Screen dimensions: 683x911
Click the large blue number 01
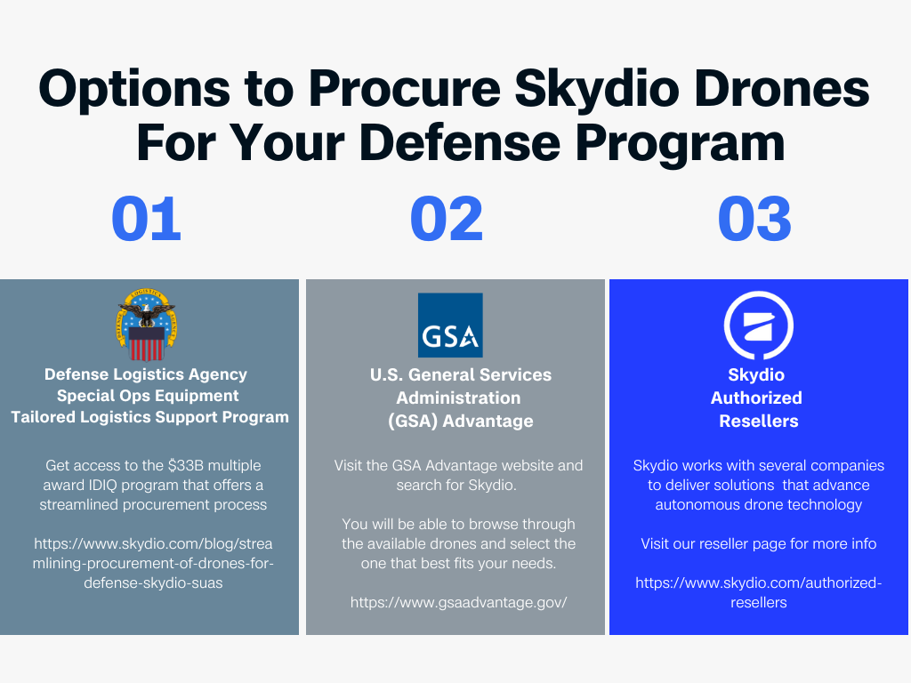coord(147,220)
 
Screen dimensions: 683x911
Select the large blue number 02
coord(447,220)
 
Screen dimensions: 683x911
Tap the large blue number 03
coord(754,220)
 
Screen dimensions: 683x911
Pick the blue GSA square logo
coord(450,325)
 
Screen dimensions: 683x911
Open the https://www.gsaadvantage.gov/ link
coord(458,602)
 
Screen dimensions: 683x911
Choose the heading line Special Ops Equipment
coord(148,396)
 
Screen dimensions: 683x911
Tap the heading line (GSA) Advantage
coord(460,421)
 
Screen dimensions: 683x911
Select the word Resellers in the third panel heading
coord(758,421)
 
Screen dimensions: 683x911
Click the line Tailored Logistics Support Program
coord(149,417)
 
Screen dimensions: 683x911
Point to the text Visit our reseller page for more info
coord(758,543)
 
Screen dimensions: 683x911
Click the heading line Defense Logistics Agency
coord(146,374)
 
